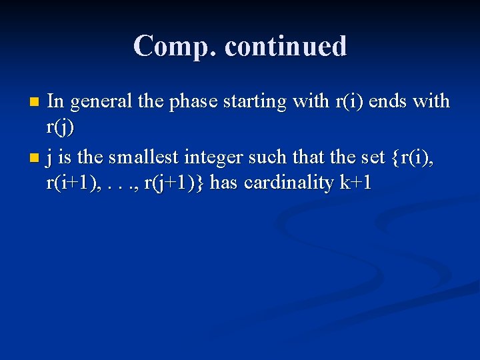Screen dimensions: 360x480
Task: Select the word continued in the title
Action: pyautogui.click(x=286, y=47)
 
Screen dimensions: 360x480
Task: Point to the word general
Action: pyautogui.click(x=101, y=101)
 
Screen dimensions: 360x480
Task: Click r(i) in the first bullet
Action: pyautogui.click(x=350, y=101)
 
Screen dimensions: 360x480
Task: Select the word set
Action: pyautogui.click(x=372, y=157)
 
